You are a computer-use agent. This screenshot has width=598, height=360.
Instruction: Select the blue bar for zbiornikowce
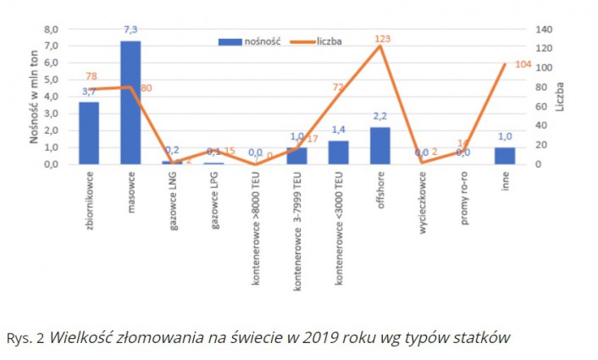(x=89, y=133)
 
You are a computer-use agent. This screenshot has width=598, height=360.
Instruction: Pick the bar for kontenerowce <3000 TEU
(x=339, y=152)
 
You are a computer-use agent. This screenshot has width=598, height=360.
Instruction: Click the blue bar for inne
(x=505, y=156)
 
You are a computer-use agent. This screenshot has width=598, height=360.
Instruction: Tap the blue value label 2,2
(x=379, y=116)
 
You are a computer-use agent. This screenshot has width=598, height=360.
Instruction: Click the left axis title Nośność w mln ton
(x=34, y=97)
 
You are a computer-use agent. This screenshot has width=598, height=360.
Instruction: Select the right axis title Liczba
(x=561, y=97)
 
